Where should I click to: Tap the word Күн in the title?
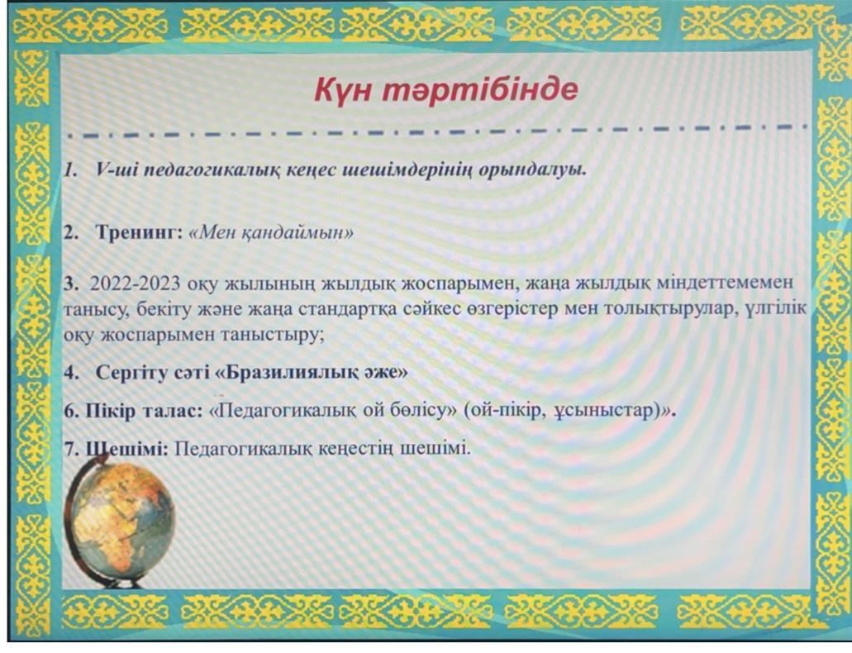[x=343, y=90]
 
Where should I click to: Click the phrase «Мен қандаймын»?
[x=271, y=233]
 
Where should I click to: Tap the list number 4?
[x=71, y=373]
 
